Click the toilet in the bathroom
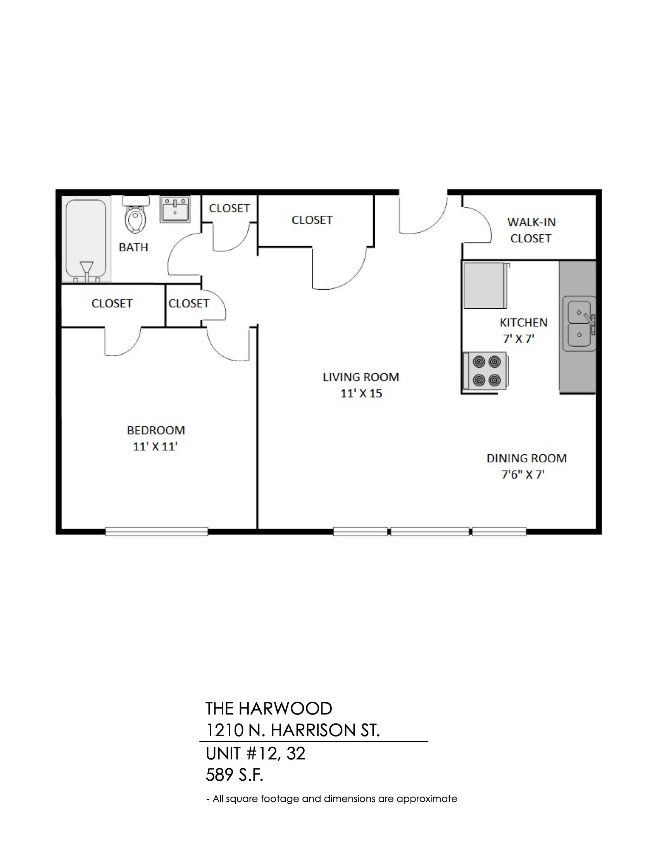coord(136,215)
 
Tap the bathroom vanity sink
coord(174,210)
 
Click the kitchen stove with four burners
coord(486,371)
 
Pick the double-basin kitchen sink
coord(580,324)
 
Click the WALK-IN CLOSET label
coord(531,230)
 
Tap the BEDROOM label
coord(156,430)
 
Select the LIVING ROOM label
coord(361,377)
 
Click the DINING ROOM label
coord(526,459)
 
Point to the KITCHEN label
coord(524,323)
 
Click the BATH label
coord(133,247)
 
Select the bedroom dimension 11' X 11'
coord(155,446)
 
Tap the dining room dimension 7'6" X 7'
coord(523,475)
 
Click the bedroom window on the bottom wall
coord(157,531)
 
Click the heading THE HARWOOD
coord(269,708)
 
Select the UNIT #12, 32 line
coord(255,754)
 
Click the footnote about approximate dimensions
coord(331,799)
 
